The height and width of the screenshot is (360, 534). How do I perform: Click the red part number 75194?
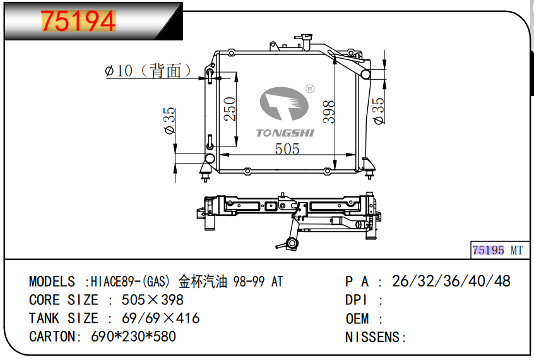pos(78,21)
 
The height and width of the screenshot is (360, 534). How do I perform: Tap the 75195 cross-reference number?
pos(488,251)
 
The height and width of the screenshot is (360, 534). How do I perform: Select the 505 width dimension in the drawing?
pos(287,149)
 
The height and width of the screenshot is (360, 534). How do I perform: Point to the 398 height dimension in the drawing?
pos(329,112)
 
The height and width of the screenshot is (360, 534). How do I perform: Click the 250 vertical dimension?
pos(230,109)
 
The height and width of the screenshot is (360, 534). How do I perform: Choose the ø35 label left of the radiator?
pos(169,121)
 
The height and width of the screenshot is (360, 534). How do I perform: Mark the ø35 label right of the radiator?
pos(379,111)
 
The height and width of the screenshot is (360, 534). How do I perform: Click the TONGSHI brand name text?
pos(285,133)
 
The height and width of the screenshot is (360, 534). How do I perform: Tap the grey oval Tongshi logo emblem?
pos(283,104)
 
